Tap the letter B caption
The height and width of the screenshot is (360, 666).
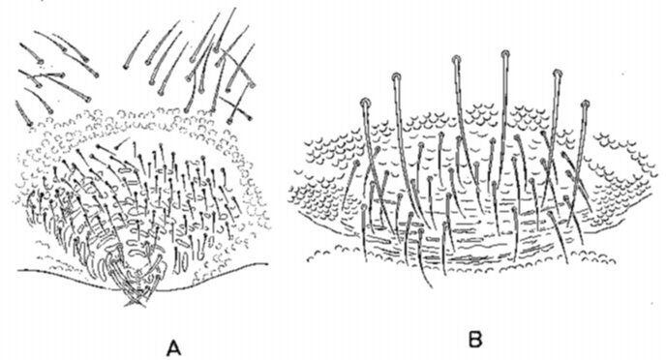coord(475,339)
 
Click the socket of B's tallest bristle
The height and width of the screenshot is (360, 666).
coord(505,54)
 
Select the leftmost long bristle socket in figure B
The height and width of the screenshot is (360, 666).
coord(365,103)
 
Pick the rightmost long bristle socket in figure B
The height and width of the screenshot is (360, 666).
coord(586,104)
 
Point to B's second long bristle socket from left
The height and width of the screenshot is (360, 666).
coord(396,77)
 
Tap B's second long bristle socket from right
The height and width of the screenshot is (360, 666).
coord(558,73)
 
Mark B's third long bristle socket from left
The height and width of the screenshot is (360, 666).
coord(456,59)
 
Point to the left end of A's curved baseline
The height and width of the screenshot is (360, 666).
coord(17,270)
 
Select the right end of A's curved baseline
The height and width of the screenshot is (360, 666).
coord(267,263)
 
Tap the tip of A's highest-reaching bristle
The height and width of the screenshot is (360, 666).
coord(235,8)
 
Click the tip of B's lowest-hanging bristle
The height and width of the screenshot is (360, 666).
coord(432,287)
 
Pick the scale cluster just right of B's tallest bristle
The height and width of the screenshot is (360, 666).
coord(525,114)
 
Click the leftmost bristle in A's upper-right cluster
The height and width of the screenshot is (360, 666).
coord(136,49)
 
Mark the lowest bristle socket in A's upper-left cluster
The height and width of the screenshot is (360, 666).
coord(29,124)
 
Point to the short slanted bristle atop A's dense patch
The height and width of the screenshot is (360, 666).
coord(122,143)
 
